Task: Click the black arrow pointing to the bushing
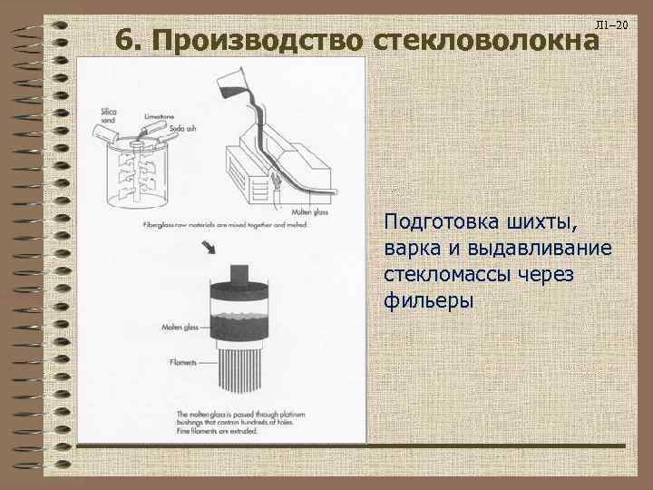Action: (x=209, y=248)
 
